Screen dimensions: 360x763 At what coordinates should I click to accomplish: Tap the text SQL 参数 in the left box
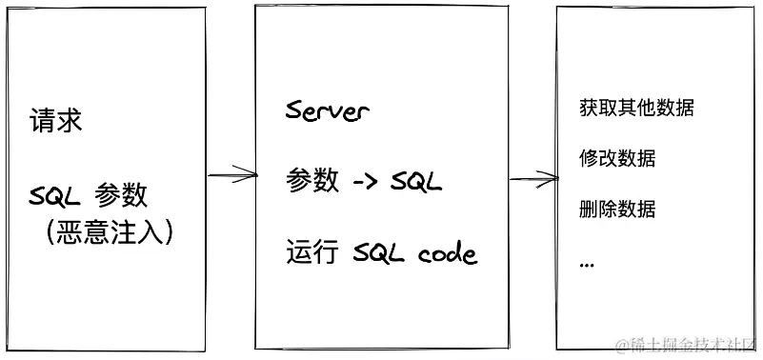(x=89, y=196)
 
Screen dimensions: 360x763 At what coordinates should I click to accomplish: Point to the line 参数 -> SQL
(x=364, y=181)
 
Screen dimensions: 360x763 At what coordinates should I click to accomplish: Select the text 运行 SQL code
(x=381, y=254)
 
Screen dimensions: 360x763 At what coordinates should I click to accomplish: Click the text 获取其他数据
(x=635, y=108)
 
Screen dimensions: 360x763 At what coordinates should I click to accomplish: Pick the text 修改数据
(x=616, y=158)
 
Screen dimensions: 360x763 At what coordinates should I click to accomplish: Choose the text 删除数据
(x=616, y=209)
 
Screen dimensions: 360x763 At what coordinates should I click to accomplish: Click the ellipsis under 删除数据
(x=586, y=263)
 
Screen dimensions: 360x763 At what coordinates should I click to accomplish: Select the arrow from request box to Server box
(x=231, y=174)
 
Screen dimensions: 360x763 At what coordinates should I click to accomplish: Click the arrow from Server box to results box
(x=532, y=176)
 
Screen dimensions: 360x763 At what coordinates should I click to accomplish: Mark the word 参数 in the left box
(x=121, y=196)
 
